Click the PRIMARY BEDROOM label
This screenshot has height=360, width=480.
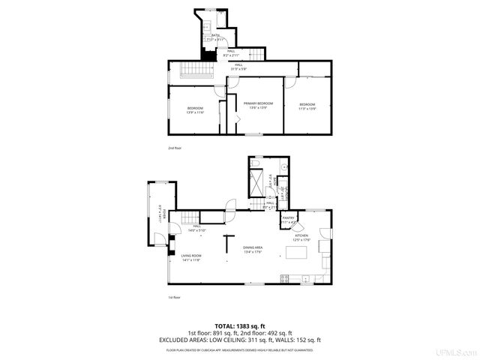pyautogui.click(x=258, y=103)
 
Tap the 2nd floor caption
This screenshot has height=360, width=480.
pyautogui.click(x=174, y=148)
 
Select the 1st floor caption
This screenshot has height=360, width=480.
pyautogui.click(x=174, y=297)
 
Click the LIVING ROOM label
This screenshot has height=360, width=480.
pyautogui.click(x=190, y=256)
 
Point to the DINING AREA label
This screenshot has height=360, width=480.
pyautogui.click(x=252, y=247)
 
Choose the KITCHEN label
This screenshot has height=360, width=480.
pyautogui.click(x=301, y=235)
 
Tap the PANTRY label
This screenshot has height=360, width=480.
pyautogui.click(x=289, y=218)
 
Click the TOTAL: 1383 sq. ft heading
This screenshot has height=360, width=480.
pyautogui.click(x=239, y=326)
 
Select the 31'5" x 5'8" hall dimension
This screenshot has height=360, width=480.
pyautogui.click(x=238, y=69)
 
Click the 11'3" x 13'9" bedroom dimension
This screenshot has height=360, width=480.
pyautogui.click(x=307, y=108)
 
